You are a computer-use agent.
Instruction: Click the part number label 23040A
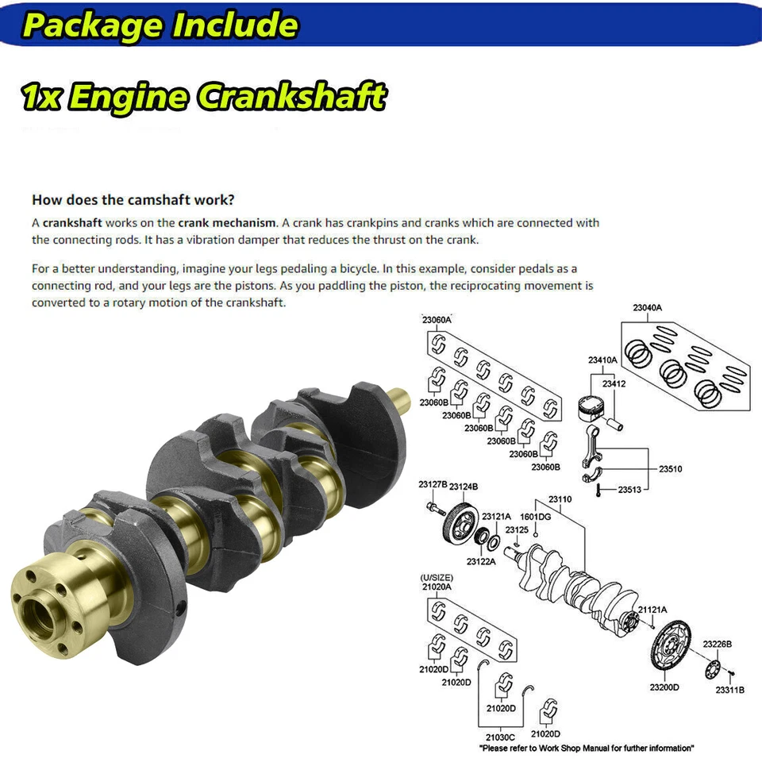(647, 307)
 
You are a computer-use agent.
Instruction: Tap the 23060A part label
(436, 319)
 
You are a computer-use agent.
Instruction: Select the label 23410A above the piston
(602, 360)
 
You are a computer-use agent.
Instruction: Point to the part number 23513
(630, 489)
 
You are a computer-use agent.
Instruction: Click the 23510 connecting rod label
(670, 469)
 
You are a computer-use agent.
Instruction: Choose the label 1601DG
(535, 517)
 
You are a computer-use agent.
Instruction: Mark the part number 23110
(560, 499)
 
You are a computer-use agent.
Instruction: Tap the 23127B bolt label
(433, 485)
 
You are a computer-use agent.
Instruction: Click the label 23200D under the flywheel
(664, 687)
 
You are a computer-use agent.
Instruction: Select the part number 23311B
(729, 690)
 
